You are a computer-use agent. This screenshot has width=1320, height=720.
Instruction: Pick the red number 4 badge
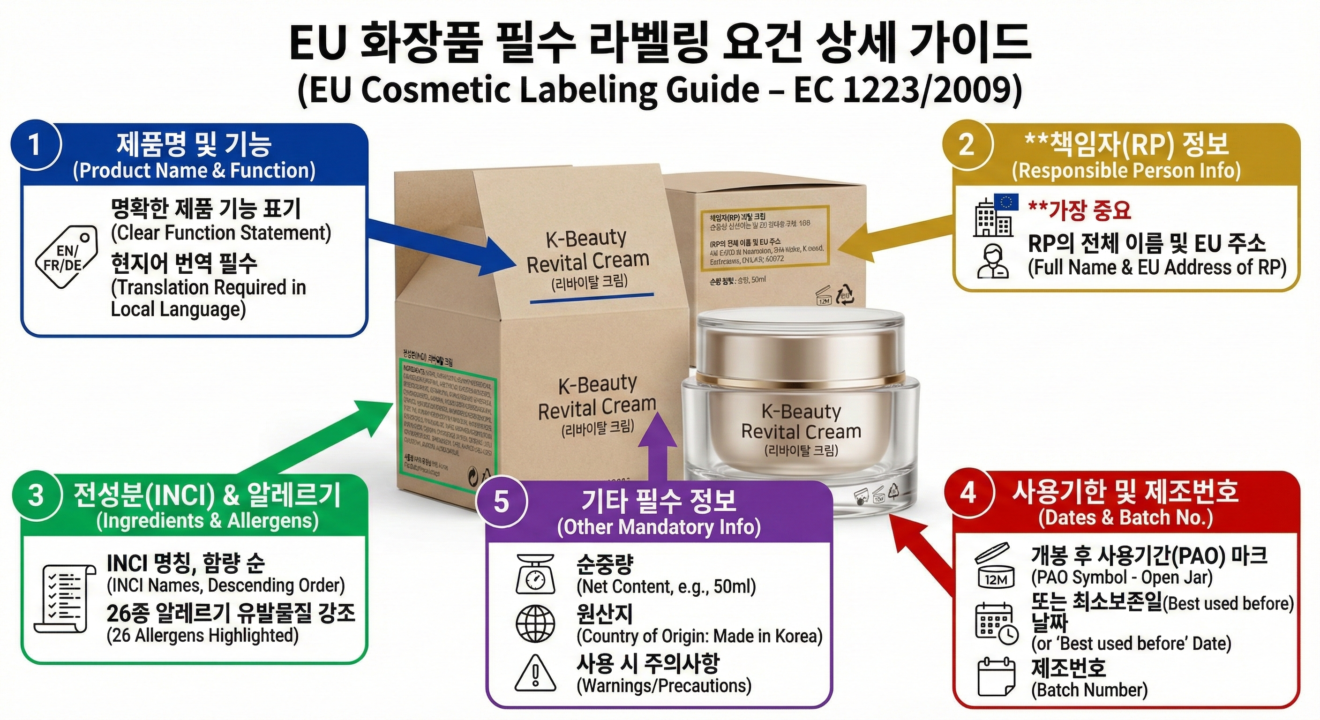tap(968, 493)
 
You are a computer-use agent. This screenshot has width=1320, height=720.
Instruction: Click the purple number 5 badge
tap(501, 501)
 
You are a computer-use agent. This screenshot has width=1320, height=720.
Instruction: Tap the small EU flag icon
tap(1006, 202)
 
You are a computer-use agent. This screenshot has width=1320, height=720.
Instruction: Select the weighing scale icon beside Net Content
tap(535, 573)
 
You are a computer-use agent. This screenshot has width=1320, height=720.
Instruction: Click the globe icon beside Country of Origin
tap(535, 623)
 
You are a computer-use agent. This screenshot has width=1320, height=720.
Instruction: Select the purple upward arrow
tap(655, 446)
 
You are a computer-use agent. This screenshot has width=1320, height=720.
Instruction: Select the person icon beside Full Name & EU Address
tap(992, 261)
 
